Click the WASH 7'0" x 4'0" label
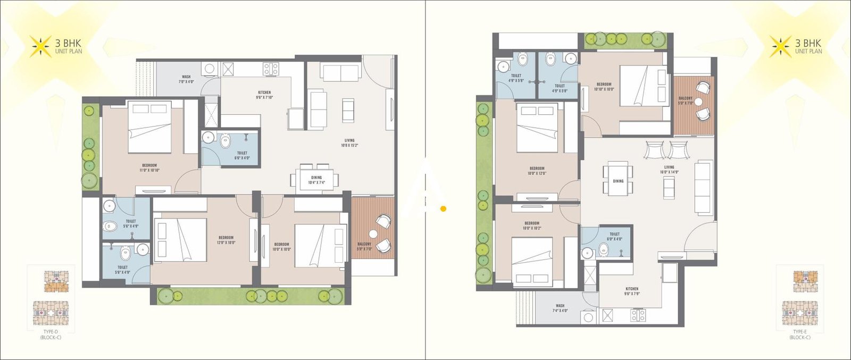pyautogui.click(x=186, y=79)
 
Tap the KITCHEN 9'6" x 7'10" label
pyautogui.click(x=264, y=95)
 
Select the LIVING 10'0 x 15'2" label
pyautogui.click(x=349, y=143)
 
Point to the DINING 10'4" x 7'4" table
pyautogui.click(x=316, y=179)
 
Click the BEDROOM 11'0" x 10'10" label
pyautogui.click(x=149, y=168)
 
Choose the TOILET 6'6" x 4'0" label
pyautogui.click(x=242, y=155)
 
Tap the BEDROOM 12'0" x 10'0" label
pyautogui.click(x=226, y=240)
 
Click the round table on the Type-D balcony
pyautogui.click(x=373, y=234)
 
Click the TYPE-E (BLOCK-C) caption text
pyautogui.click(x=799, y=334)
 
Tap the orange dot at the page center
pyautogui.click(x=443, y=209)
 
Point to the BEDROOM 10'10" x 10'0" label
pyautogui.click(x=604, y=87)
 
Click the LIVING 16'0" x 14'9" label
pyautogui.click(x=669, y=169)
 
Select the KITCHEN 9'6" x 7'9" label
pyautogui.click(x=632, y=291)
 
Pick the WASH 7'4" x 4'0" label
pyautogui.click(x=560, y=308)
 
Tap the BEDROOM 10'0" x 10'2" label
pyautogui.click(x=532, y=225)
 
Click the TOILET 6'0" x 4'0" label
pyautogui.click(x=614, y=236)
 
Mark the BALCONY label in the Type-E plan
pyautogui.click(x=686, y=101)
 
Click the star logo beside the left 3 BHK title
pyautogui.click(x=40, y=46)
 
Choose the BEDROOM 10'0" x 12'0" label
pyautogui.click(x=537, y=171)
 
